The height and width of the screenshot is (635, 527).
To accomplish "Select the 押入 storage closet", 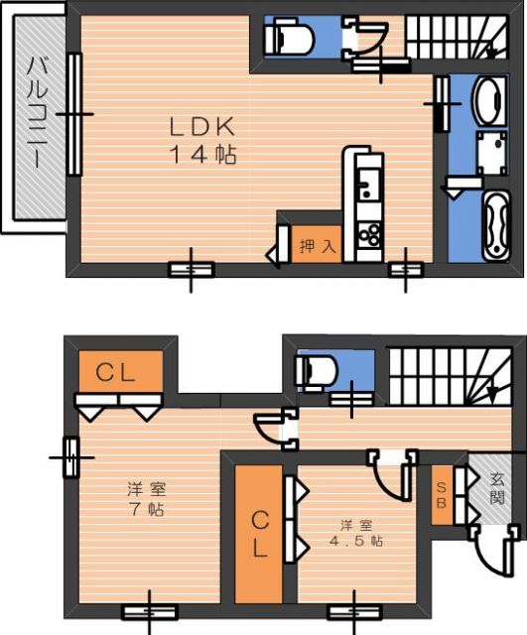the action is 317,244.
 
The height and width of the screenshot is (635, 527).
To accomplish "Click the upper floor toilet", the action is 290,36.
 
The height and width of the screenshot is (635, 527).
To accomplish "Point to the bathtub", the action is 495,225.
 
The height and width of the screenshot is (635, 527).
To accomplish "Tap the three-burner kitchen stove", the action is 369,235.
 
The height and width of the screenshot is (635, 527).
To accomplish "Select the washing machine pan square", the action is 491,152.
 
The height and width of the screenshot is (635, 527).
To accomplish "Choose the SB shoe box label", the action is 441,495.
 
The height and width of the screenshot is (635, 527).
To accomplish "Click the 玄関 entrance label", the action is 496,489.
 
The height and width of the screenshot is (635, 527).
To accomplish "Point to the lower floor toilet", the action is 317,371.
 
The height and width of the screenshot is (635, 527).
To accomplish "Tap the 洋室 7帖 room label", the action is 146,499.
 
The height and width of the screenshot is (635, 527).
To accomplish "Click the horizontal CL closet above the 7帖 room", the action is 121,371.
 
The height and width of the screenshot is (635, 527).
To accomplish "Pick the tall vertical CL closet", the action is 259,535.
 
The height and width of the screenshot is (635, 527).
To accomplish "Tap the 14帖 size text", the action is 202,154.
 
